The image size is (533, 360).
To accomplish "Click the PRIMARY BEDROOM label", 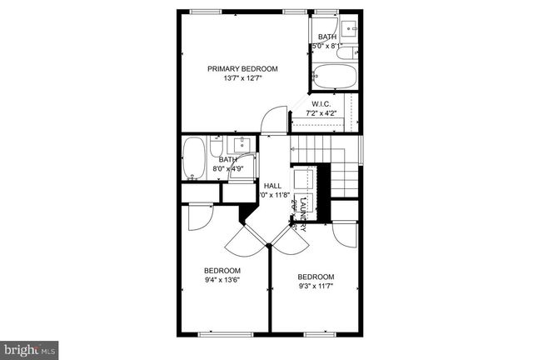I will [x=242, y=69].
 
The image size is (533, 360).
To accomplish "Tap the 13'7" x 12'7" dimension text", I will [x=242, y=79].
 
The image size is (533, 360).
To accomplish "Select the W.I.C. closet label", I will [x=321, y=104].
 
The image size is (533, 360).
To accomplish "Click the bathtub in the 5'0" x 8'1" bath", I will [x=336, y=77].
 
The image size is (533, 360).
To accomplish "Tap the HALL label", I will [x=272, y=186].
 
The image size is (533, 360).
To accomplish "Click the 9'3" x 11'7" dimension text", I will [x=316, y=287].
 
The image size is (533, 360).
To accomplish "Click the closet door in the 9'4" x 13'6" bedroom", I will [x=198, y=217].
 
